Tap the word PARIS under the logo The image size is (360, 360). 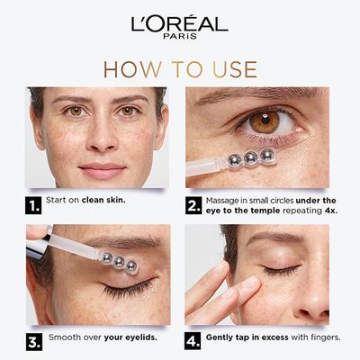[180, 38]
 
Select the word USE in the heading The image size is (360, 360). [232, 69]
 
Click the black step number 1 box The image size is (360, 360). [35, 205]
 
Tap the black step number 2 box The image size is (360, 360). [193, 205]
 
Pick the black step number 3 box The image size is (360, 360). [35, 342]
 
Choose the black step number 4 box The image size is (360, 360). [193, 342]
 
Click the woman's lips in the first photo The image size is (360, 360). [102, 169]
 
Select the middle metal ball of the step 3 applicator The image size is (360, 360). [118, 263]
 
